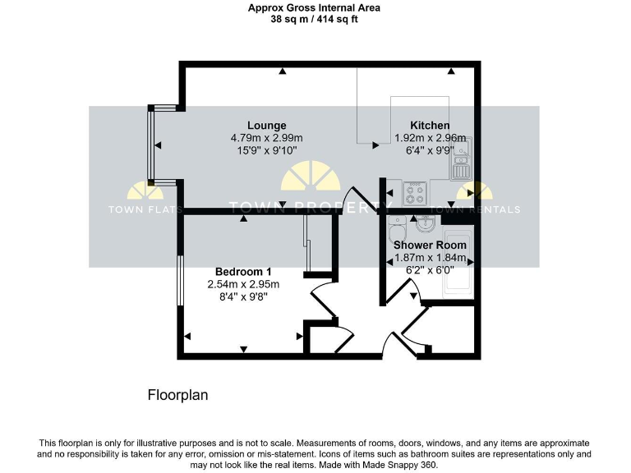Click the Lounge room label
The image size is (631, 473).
coord(267,126)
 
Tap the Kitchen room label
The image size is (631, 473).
coord(430,126)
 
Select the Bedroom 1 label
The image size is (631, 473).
coord(243,272)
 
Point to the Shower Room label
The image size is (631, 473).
coord(430,245)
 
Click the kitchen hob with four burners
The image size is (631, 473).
coord(414,195)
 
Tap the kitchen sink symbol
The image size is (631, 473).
coord(459,161)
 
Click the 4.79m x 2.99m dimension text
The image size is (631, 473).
coord(267,138)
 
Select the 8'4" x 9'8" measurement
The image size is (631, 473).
coord(243,297)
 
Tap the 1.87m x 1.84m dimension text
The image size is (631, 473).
coord(430,257)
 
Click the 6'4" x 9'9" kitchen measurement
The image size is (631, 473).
coord(430,151)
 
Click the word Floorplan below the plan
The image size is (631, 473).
coord(177,395)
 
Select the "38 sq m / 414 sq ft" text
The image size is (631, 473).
coord(315,19)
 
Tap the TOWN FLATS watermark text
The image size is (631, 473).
coord(145,209)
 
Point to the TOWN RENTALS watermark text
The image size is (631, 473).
coord(476,209)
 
